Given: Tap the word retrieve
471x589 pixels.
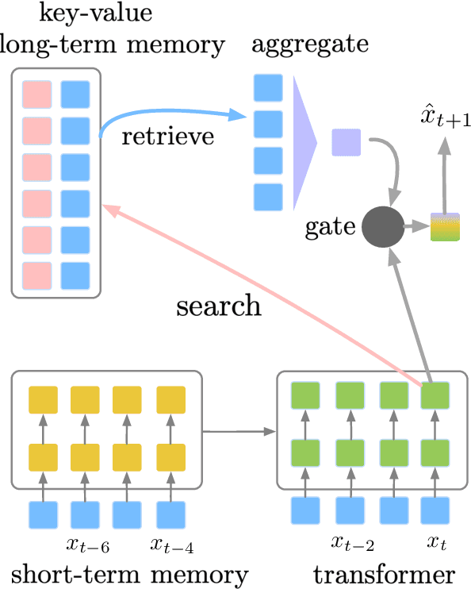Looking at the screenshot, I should tap(168, 137).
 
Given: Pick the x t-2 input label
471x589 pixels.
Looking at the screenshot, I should tap(350, 545).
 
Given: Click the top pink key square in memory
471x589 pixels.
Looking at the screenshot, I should tap(37, 94).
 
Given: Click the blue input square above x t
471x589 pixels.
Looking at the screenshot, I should tap(435, 511).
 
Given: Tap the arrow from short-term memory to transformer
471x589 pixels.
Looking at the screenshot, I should tap(239, 433).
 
